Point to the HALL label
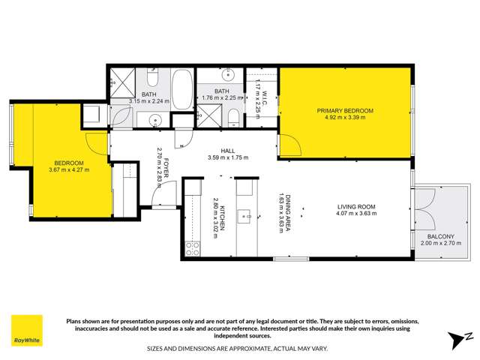point(227,150)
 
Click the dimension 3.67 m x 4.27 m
point(69,170)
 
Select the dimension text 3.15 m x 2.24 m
point(150,101)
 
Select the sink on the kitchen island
point(245,217)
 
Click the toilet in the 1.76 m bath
point(234,116)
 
